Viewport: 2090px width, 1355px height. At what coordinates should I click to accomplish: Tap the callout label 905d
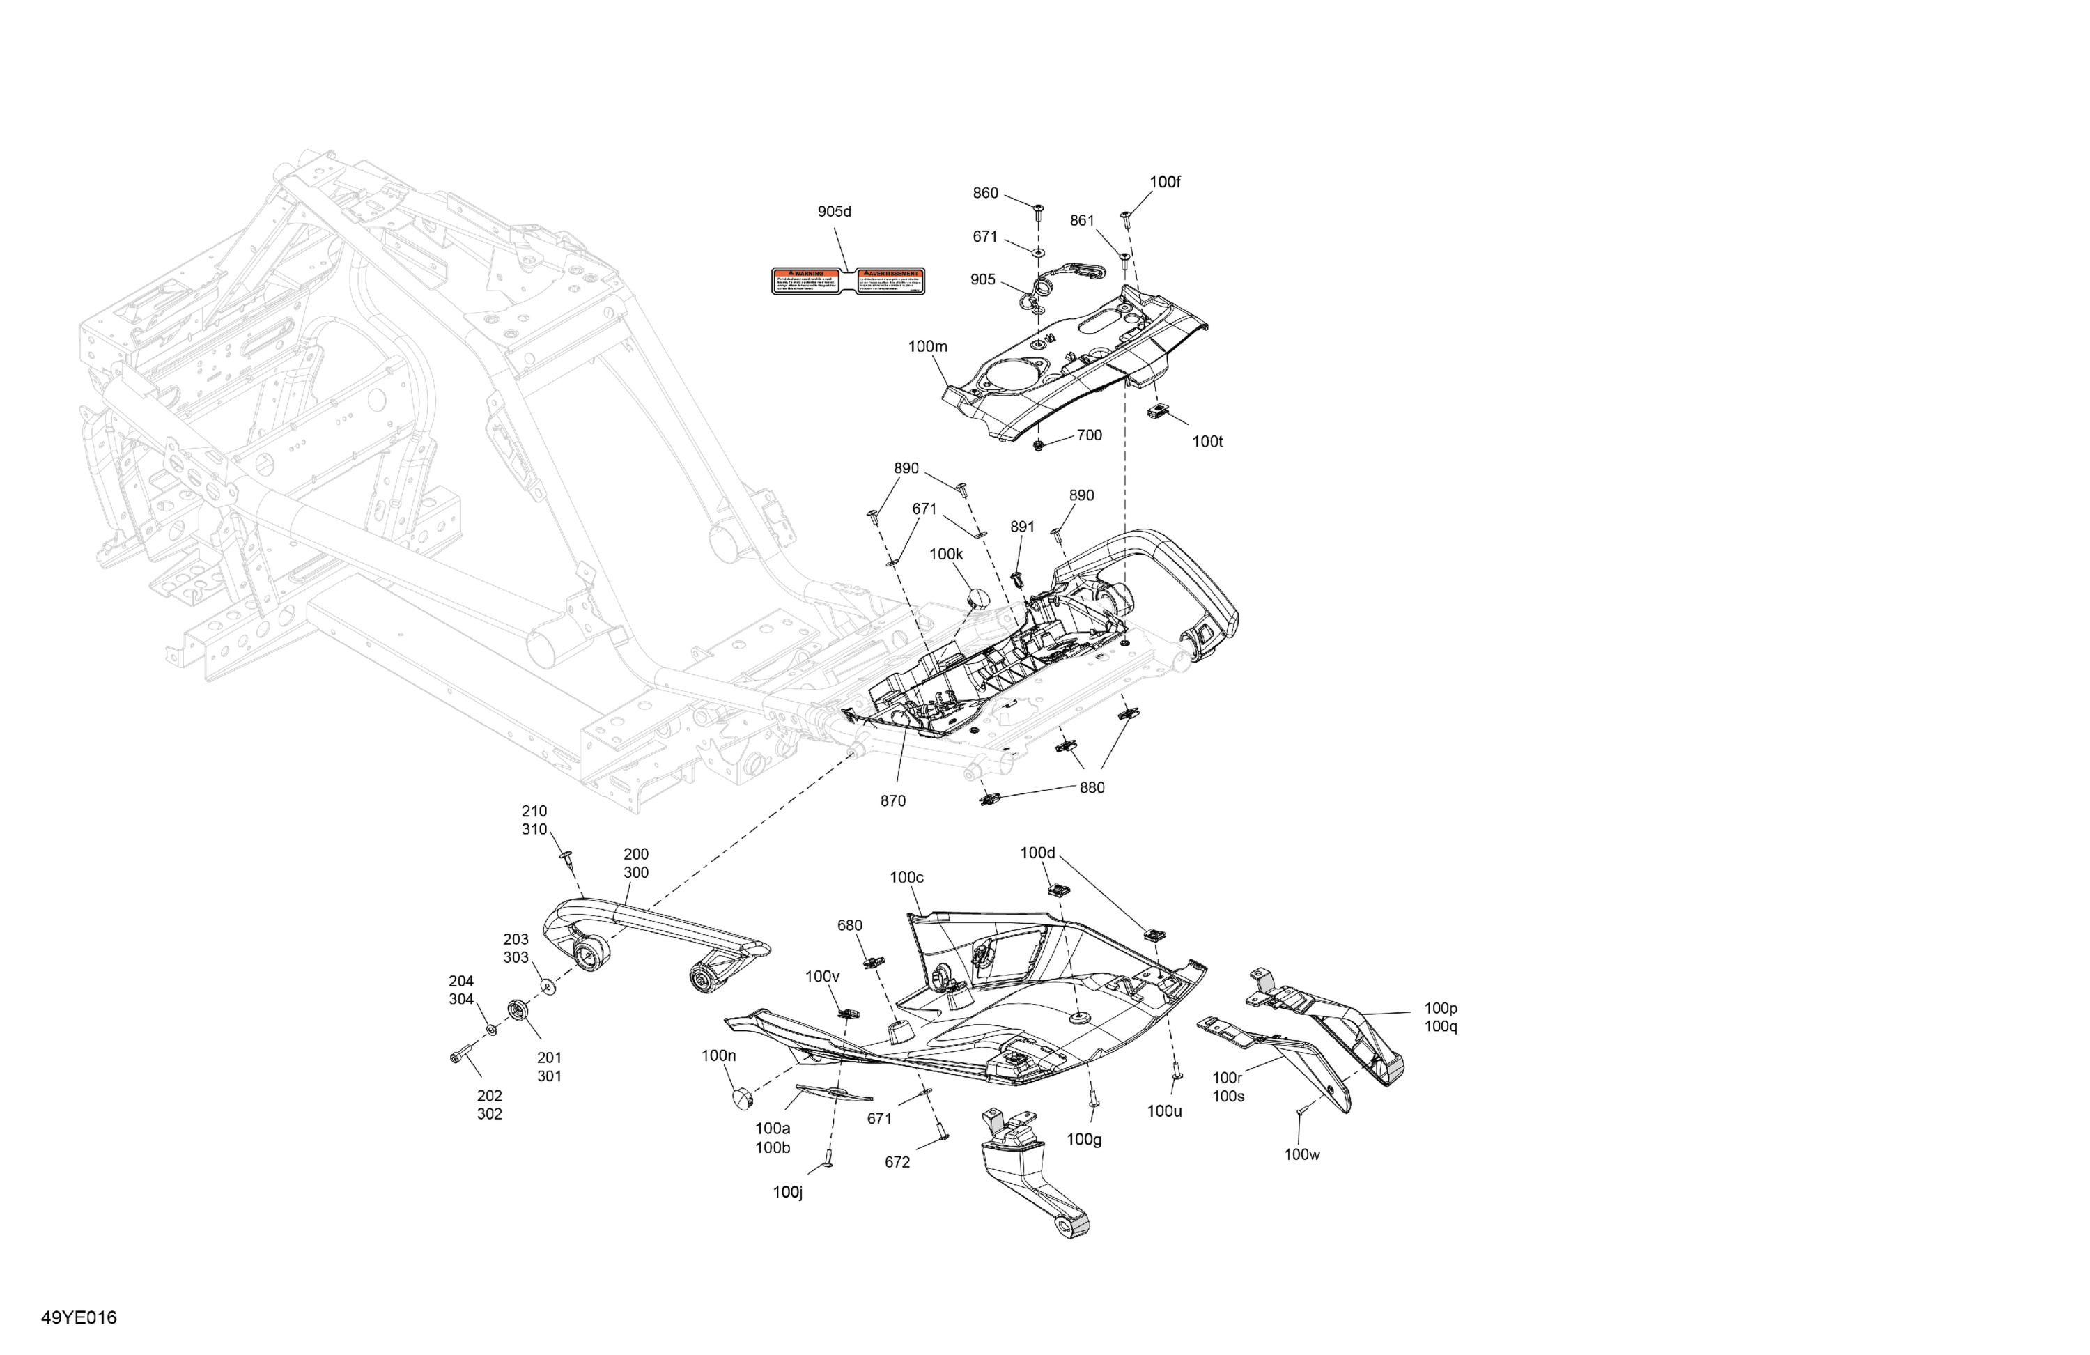834,212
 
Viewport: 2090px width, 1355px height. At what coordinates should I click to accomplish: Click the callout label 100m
927,347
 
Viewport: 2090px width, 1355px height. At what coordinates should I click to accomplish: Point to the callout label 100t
1207,442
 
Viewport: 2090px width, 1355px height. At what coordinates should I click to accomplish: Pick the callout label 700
1089,435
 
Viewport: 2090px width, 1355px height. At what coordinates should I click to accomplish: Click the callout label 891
1022,527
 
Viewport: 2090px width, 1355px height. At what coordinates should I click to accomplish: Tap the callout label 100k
946,554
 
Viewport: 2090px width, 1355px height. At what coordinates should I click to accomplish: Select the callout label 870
892,801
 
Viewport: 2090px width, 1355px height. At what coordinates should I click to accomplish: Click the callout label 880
1092,788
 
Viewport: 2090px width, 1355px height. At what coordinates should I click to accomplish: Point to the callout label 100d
1037,853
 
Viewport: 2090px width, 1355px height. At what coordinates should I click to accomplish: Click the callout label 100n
718,1055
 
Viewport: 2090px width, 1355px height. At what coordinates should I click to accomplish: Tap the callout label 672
897,1163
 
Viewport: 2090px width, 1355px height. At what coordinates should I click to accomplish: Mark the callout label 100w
1301,1155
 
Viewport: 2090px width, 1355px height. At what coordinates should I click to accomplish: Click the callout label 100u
1163,1111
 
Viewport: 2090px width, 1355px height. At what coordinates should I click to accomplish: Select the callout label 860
985,193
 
